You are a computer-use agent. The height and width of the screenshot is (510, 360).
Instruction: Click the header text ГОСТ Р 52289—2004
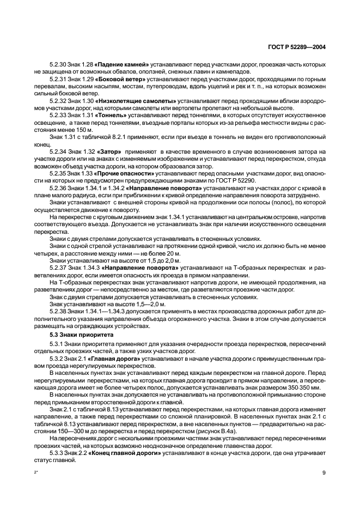tap(297, 47)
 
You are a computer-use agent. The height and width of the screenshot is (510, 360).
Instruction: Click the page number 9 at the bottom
tap(324, 472)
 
